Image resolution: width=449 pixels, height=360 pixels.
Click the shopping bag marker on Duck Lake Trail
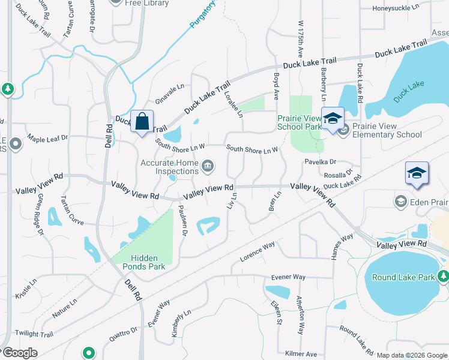(142, 122)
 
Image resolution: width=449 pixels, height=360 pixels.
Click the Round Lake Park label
(403, 278)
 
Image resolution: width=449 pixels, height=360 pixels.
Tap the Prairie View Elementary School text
(395, 131)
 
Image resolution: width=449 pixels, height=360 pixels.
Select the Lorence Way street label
(257, 251)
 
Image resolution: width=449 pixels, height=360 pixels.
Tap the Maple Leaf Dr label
(48, 139)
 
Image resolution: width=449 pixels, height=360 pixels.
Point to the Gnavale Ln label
(170, 92)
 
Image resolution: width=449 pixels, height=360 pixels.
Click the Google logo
(19, 352)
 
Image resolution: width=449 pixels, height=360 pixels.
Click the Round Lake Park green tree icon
(443, 277)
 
